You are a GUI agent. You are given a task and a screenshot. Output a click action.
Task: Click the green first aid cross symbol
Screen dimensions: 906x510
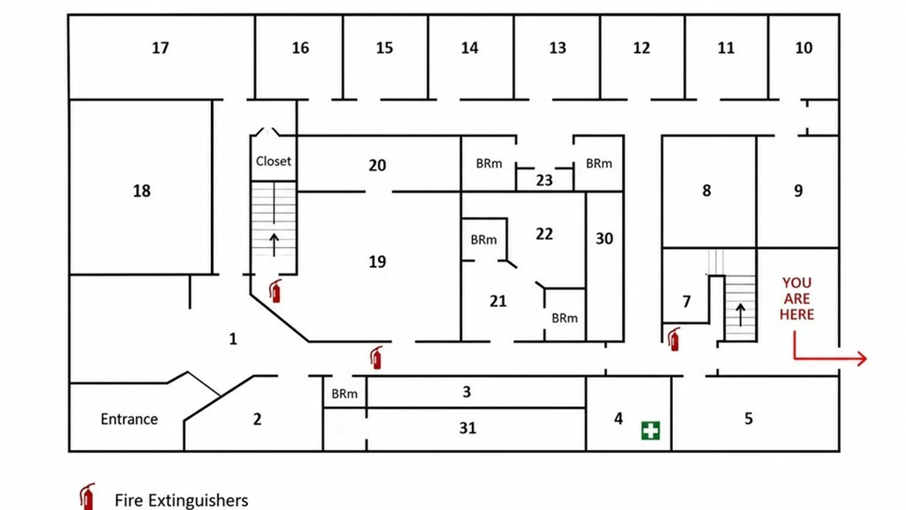651,431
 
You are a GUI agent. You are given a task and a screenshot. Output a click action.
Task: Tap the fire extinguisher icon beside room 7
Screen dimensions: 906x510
674,340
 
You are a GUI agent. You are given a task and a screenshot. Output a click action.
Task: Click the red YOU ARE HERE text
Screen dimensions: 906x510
797,298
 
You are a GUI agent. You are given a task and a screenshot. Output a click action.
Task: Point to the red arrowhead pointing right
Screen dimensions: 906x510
862,359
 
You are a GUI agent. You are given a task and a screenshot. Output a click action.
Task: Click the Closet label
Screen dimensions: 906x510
274,161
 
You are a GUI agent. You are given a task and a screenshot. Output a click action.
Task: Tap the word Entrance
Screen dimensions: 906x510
129,419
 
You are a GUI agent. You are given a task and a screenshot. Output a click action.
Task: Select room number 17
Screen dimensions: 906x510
160,48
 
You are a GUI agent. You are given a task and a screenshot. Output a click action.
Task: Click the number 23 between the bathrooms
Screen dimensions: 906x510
544,180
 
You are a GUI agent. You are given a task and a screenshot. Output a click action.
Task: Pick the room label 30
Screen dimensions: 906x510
604,238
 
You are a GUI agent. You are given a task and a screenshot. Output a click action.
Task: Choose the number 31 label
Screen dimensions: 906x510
468,428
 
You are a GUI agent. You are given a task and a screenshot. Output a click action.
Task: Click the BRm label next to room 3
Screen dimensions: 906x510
344,394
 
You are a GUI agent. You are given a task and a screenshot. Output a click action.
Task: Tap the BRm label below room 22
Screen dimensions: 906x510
565,318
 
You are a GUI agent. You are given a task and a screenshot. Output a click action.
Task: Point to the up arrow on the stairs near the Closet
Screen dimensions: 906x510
274,245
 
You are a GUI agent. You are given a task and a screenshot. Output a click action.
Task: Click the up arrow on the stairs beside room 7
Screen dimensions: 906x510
741,315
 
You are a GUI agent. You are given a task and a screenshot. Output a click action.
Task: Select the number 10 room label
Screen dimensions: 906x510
804,48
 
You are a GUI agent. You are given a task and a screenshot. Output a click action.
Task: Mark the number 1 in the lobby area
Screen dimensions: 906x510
233,339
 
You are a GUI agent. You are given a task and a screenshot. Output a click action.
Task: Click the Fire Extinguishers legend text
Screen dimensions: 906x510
182,501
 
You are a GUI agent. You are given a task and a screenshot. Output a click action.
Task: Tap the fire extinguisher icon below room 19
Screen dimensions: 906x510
376,357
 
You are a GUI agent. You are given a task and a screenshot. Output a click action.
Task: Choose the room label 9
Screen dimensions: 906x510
798,191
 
